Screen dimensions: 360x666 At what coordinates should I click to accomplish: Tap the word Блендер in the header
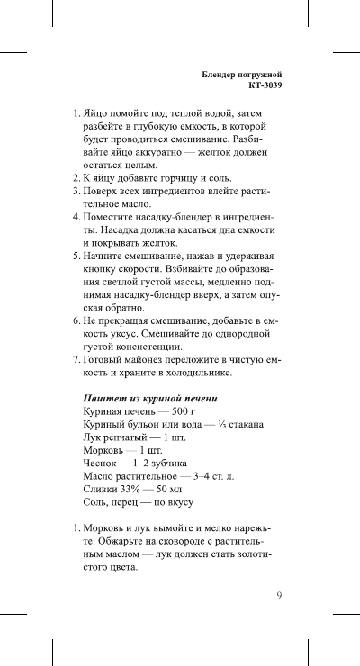220,74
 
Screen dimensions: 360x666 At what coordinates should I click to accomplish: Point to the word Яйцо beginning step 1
96,115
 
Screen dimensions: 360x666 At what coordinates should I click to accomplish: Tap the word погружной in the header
265,74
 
